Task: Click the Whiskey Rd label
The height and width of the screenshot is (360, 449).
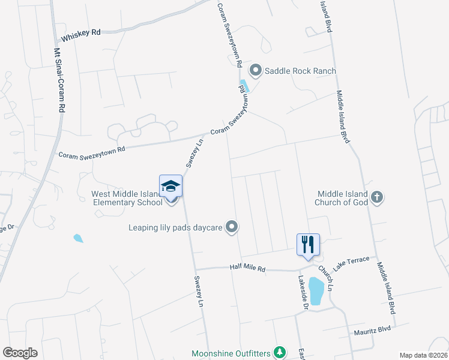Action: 81,34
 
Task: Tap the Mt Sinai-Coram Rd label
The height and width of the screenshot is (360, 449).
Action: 59,81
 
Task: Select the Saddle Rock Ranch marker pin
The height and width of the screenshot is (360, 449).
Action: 256,71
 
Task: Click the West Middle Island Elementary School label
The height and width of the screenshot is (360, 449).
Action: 127,198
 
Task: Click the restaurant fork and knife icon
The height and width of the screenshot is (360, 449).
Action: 308,244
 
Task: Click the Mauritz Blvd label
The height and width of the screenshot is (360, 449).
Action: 372,331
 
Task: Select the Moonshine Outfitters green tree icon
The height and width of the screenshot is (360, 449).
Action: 279,352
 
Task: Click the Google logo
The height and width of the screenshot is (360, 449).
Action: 20,352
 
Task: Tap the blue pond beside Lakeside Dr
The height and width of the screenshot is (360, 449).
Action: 316,291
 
